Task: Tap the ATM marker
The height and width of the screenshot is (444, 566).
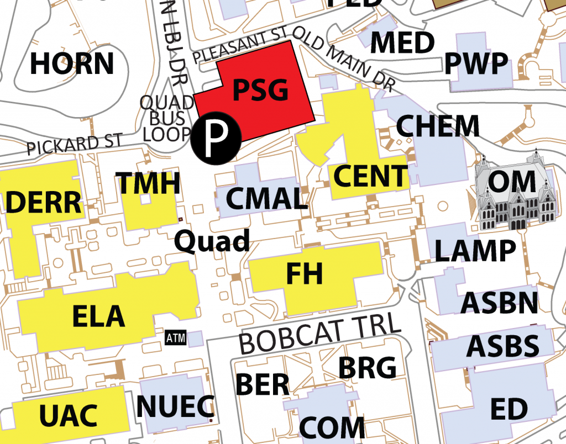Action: [x=177, y=337]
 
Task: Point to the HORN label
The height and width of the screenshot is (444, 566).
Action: [x=72, y=64]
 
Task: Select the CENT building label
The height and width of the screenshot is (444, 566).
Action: [x=370, y=176]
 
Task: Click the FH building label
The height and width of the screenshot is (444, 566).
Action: [x=305, y=273]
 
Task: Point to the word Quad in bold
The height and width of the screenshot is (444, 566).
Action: [x=212, y=241]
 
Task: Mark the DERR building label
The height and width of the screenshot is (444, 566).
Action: [x=44, y=203]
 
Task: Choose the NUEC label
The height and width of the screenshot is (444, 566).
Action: [x=175, y=406]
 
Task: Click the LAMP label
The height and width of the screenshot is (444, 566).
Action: [x=474, y=251]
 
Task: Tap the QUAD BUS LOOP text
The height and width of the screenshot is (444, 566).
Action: [x=166, y=118]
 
